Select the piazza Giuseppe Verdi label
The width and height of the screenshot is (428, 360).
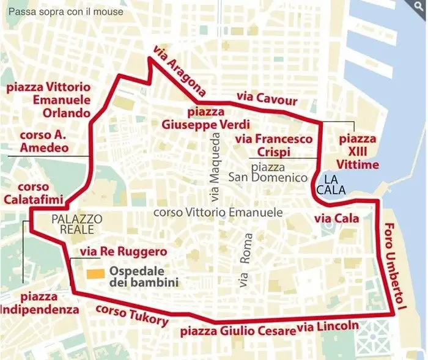click(193, 118)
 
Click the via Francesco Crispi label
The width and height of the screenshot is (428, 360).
click(274, 145)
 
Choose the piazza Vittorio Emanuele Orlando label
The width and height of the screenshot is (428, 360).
click(48, 100)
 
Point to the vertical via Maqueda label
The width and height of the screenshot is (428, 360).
click(213, 177)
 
